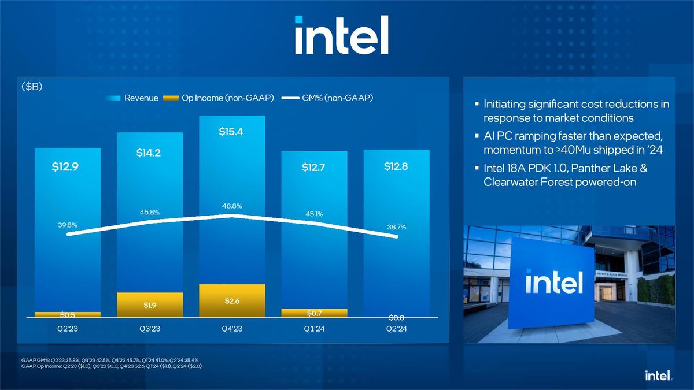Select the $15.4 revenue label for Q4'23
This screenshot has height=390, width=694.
coord(231,132)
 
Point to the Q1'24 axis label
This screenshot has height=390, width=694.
coord(315,329)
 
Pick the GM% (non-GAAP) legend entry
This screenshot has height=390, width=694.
coord(327,98)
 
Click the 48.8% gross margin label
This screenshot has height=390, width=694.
coord(231,206)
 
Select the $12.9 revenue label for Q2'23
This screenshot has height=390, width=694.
coord(67,168)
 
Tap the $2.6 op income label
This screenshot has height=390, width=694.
coord(231,301)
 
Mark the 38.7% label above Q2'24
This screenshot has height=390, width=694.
coord(396,228)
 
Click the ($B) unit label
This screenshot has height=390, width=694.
coord(32,87)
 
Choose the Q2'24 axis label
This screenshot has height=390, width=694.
coord(396,329)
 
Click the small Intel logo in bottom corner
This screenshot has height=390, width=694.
coord(658,376)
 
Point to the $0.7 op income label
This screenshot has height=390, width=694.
coord(315,313)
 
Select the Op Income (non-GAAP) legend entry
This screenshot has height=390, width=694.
coord(220,98)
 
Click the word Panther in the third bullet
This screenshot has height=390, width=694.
coord(585,169)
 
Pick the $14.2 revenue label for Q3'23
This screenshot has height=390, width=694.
coord(149,153)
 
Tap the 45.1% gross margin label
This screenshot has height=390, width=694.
coord(314,214)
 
